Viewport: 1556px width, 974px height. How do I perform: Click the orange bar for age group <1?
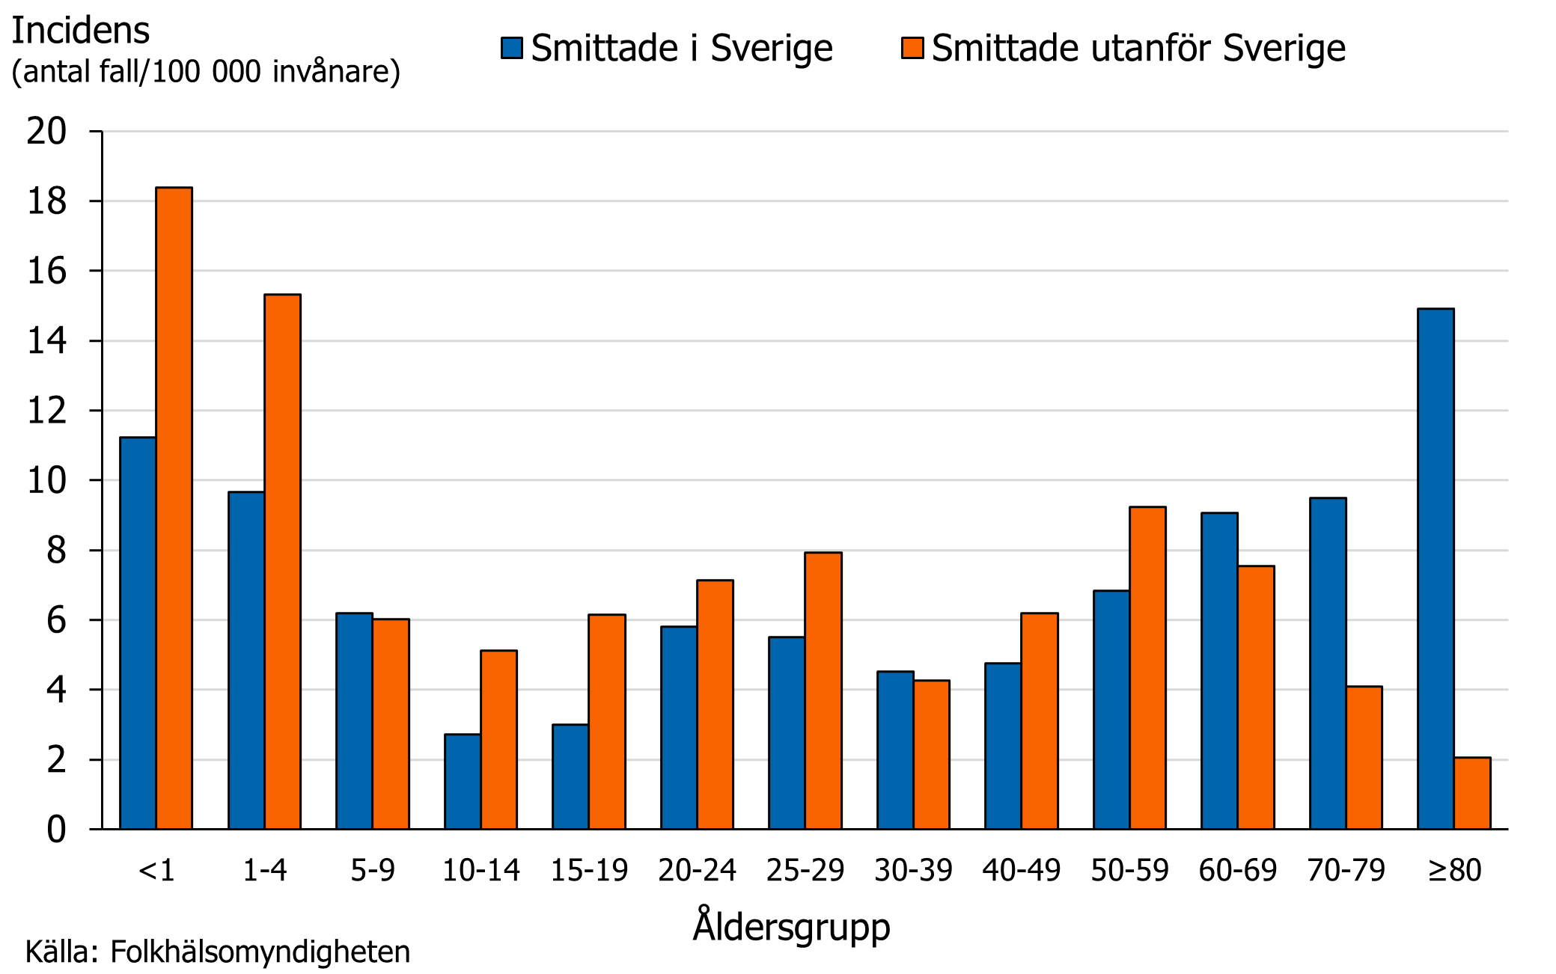coord(174,509)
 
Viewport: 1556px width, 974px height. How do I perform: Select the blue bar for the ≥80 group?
coord(1436,569)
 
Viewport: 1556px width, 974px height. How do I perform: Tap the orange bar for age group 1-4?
coord(282,561)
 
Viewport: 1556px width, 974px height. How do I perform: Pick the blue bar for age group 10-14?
coord(462,782)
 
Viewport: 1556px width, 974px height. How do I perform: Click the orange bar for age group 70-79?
coord(1364,757)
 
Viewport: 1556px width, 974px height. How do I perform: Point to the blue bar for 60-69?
coord(1219,671)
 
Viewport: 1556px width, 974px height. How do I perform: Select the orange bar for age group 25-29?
coord(823,690)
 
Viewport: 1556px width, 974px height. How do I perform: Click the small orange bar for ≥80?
coord(1472,793)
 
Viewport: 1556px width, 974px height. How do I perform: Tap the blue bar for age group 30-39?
coord(895,750)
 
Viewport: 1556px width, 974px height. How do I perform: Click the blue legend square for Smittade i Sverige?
coord(512,48)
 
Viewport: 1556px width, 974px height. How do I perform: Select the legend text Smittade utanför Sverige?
coord(1138,49)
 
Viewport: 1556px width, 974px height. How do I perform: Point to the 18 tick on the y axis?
coord(47,201)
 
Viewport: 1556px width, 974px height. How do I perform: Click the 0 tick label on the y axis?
coord(56,830)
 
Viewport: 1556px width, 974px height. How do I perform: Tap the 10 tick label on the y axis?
coord(47,480)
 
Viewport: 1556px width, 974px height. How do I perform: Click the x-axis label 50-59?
coord(1129,870)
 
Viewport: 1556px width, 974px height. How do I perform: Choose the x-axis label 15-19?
coord(589,870)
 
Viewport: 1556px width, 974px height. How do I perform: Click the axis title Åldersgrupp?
coord(791,927)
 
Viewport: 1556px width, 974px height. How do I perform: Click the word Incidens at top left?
coord(81,31)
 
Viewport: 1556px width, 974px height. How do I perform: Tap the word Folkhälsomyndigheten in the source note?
coord(260,952)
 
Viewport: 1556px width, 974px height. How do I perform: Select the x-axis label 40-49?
coord(1021,870)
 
